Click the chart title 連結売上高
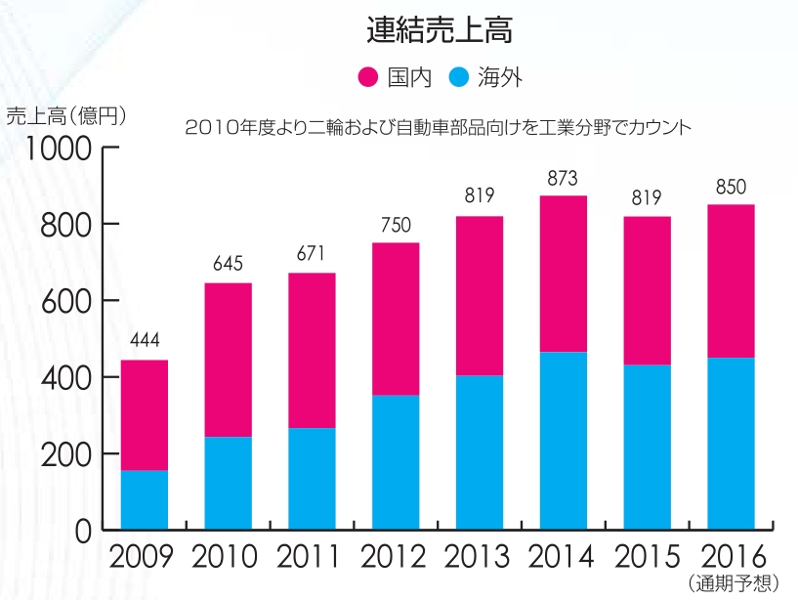pos(440,30)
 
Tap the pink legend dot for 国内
pos(368,77)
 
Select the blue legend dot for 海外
pos(460,77)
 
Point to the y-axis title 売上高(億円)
pos(66,115)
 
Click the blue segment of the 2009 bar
pos(145,499)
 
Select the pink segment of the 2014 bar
pos(563,274)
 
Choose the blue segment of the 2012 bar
pos(396,462)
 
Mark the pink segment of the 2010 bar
pos(228,360)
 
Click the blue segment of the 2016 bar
pos(731,444)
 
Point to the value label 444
pos(145,341)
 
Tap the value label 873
pos(563,178)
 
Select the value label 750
pos(396,225)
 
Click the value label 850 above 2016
pos(731,187)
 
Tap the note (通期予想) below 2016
pos(733,584)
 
